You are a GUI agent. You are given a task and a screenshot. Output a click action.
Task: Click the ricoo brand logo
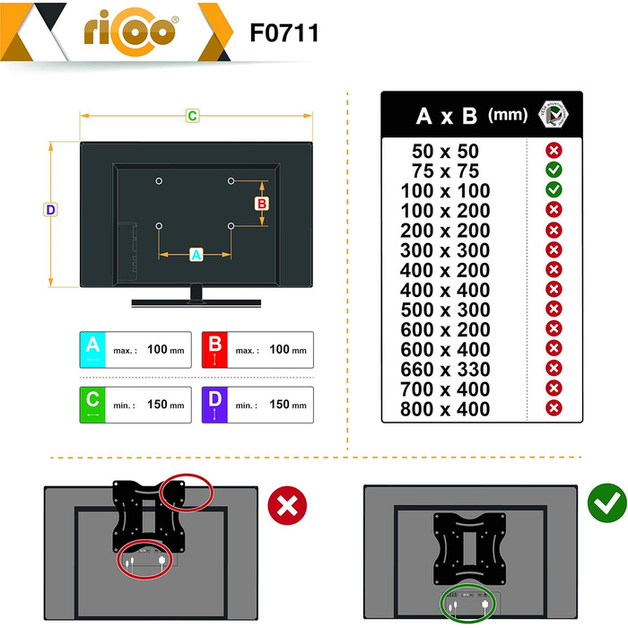131,32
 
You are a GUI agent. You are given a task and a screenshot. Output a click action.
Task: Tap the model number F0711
284,33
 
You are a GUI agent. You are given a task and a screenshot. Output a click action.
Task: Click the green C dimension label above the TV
192,116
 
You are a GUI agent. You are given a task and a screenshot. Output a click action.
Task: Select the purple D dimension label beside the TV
50,209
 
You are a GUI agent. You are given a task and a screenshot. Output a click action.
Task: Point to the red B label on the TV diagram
262,204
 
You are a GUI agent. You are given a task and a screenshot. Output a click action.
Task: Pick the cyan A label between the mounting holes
196,255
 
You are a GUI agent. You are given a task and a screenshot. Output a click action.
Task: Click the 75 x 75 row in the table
445,171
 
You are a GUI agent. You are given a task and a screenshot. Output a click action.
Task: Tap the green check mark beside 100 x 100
554,189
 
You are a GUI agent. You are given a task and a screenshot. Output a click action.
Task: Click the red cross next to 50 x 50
554,151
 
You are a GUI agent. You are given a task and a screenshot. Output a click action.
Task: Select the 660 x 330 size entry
445,370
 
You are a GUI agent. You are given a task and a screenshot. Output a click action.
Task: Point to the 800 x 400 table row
445,409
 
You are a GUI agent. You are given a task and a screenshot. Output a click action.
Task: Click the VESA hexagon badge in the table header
554,114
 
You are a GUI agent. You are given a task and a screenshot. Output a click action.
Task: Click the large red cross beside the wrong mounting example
287,505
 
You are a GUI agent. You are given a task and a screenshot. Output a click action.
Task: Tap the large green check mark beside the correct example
606,502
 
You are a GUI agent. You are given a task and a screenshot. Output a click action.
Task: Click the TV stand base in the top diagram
196,303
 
